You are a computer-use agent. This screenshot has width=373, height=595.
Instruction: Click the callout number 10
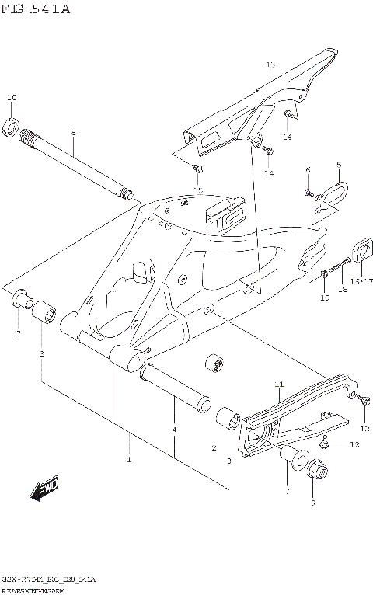click(11, 98)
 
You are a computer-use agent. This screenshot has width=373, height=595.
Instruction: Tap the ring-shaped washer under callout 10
click(12, 125)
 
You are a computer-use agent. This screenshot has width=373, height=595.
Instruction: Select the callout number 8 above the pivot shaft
click(73, 133)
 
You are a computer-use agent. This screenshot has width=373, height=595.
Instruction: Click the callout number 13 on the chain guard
click(270, 64)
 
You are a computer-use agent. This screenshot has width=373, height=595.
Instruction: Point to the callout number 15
click(198, 190)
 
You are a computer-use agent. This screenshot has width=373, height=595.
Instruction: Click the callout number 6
click(308, 169)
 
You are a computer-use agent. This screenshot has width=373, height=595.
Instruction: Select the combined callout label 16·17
click(361, 281)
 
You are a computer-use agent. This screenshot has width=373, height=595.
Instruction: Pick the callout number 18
click(341, 288)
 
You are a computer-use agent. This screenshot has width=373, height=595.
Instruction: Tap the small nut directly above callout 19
click(322, 273)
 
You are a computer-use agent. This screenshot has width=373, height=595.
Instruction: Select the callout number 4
click(174, 430)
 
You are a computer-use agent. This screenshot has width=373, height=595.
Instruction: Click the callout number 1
click(129, 460)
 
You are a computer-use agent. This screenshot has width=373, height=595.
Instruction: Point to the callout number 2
click(213, 447)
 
